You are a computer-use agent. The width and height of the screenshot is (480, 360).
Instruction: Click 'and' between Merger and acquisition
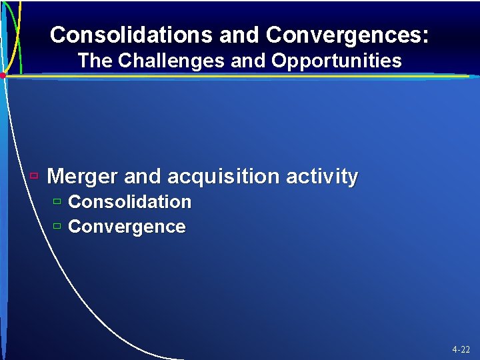point(143,177)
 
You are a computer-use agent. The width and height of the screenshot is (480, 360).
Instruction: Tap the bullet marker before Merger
point(35,176)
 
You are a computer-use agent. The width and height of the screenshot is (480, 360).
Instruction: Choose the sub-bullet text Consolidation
point(129,201)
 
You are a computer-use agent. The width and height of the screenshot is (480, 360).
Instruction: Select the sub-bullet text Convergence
point(127,227)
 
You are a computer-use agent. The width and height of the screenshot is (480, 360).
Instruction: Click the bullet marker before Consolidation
point(57,201)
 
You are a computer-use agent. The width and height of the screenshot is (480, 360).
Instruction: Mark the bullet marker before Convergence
point(57,226)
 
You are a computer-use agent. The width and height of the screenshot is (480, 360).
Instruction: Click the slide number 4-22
point(461,349)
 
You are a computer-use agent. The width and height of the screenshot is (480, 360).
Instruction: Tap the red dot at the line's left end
point(3,76)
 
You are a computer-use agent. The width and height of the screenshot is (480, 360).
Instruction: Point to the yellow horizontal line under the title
point(240,76)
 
